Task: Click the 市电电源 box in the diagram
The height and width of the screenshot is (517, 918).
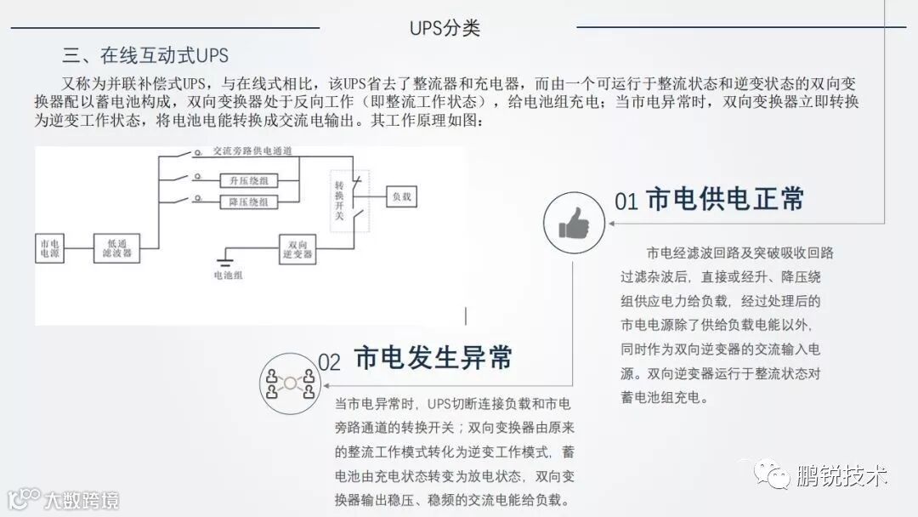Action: pyautogui.click(x=50, y=247)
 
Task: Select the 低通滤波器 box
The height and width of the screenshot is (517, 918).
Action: pyautogui.click(x=117, y=247)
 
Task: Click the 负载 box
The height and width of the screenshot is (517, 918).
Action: pyautogui.click(x=402, y=196)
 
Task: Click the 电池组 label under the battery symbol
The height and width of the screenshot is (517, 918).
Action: pyautogui.click(x=228, y=276)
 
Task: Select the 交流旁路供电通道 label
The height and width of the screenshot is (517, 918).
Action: pyautogui.click(x=252, y=151)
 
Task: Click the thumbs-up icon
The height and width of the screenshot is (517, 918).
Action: pyautogui.click(x=574, y=222)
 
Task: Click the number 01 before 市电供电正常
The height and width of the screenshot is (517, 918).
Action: pyautogui.click(x=626, y=202)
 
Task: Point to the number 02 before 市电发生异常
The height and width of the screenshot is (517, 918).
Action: pyautogui.click(x=329, y=361)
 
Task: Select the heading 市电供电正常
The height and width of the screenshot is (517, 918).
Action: pyautogui.click(x=725, y=198)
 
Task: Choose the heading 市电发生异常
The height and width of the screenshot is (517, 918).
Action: pyautogui.click(x=433, y=357)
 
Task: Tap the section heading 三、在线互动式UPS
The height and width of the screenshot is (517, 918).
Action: pyautogui.click(x=145, y=56)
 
